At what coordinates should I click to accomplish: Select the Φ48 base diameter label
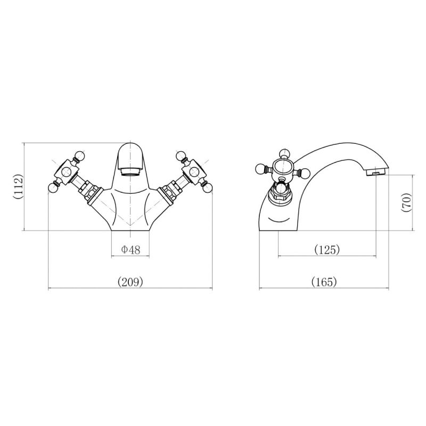[130, 249]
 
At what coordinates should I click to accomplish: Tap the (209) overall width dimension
[130, 282]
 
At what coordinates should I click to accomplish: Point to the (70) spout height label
[406, 202]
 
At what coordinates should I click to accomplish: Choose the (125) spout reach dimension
[326, 249]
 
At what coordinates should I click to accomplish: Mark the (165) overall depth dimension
[324, 282]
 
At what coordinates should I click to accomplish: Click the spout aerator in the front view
[130, 171]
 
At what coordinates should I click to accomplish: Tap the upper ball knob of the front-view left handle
[79, 156]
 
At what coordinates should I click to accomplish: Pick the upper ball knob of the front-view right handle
[181, 156]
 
